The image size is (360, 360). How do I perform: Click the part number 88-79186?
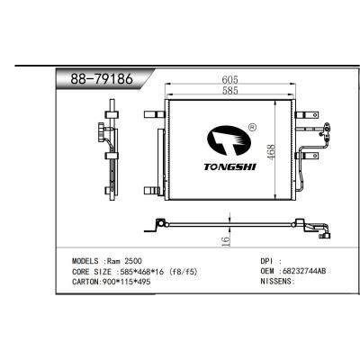[x=102, y=78]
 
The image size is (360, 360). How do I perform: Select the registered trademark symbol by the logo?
[x=251, y=129]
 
